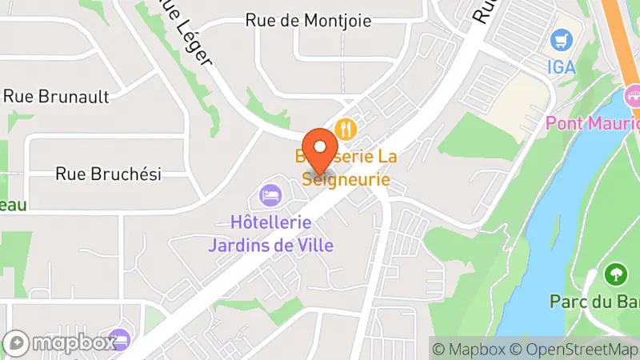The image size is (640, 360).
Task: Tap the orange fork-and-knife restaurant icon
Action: tap(346, 128)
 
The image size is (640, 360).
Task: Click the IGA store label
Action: tap(562, 66)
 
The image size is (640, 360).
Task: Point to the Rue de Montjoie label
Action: tap(308, 21)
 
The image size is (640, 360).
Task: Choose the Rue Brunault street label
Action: tap(56, 96)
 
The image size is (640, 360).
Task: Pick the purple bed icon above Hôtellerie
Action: tap(270, 194)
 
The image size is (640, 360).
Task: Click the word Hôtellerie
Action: tap(270, 224)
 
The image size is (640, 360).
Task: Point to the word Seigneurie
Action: tap(346, 180)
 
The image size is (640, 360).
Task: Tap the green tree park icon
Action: tap(616, 274)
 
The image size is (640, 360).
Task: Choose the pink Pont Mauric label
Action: tap(592, 124)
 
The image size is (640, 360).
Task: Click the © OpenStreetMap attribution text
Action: tap(574, 349)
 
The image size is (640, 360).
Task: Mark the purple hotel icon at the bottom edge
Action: tap(119, 340)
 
